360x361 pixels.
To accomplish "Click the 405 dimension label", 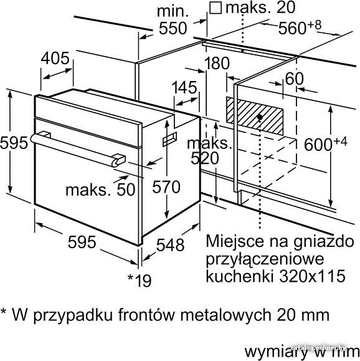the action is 55,58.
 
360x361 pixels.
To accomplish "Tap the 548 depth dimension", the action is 170,244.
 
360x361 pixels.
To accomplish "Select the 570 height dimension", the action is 166,187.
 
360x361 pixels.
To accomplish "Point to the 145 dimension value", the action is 184,87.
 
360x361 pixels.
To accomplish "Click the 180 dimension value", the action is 217,63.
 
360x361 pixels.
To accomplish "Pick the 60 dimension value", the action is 295,79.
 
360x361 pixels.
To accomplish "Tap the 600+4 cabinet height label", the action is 326,143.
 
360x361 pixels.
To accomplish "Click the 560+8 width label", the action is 300,27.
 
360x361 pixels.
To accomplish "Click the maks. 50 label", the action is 100,190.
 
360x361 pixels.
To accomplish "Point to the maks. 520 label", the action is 207,151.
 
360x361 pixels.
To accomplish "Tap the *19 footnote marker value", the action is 140,281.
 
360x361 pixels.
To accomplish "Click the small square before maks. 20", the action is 216,8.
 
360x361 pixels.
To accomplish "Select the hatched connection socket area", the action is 255,115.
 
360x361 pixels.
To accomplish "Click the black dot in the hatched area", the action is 260,117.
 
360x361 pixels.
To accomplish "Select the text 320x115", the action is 312,276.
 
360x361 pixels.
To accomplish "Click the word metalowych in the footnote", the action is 226,315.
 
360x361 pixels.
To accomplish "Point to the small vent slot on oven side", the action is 170,139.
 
